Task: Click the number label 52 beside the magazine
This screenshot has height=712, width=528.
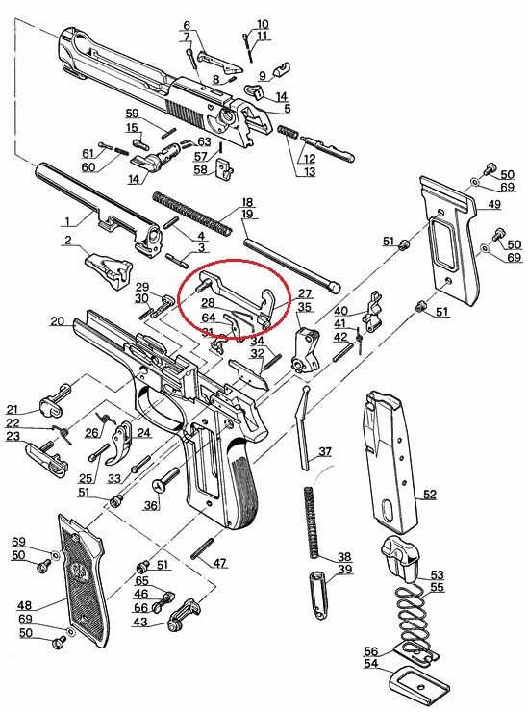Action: (429, 495)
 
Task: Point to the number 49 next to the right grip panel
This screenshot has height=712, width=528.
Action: (493, 205)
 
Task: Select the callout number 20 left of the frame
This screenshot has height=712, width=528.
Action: (56, 321)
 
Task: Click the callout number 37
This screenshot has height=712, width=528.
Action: (325, 451)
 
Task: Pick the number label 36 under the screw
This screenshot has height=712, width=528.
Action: (152, 506)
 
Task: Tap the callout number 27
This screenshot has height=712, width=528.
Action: (305, 293)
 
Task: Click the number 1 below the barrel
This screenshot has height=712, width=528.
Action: (67, 219)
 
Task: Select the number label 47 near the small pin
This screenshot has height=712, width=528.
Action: (220, 563)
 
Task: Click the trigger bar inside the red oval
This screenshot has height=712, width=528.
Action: (234, 292)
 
